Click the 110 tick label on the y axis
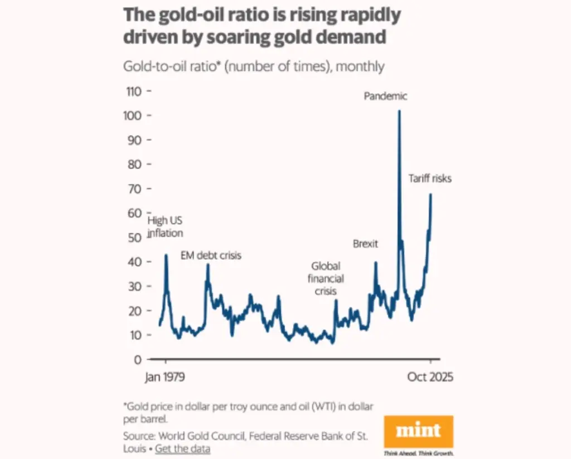[134, 91]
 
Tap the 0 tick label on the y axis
[138, 359]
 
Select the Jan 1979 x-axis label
[164, 377]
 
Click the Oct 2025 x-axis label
[430, 377]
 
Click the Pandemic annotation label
[386, 96]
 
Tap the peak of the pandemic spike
[399, 111]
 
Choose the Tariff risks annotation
[430, 179]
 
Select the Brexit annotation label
[366, 244]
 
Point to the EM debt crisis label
[211, 255]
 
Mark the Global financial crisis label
[327, 278]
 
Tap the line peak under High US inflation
[166, 255]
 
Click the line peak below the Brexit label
[375, 262]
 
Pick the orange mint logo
[419, 431]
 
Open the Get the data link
[182, 448]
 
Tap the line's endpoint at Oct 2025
[431, 194]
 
